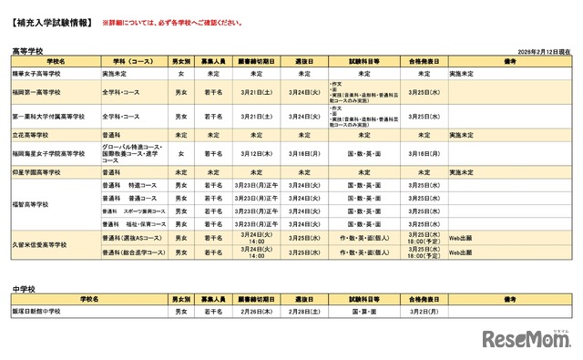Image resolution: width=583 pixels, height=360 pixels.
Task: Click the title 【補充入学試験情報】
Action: click(50, 20)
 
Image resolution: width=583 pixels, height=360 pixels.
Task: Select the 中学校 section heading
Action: click(24, 287)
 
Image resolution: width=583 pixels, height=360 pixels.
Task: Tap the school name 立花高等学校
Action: click(33, 135)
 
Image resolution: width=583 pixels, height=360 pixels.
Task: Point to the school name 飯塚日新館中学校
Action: click(38, 312)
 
